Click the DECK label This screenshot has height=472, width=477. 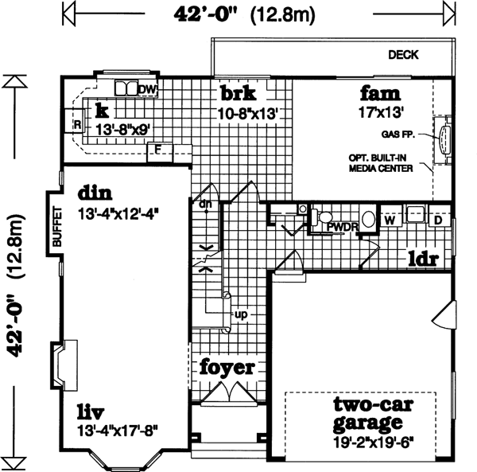404,55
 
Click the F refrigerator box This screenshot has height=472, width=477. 159,148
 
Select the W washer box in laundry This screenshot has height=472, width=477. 390,217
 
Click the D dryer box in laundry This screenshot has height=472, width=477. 437,217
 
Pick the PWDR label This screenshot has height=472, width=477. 343,228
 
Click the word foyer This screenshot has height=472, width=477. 227,368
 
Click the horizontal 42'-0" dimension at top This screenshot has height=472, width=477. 204,14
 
